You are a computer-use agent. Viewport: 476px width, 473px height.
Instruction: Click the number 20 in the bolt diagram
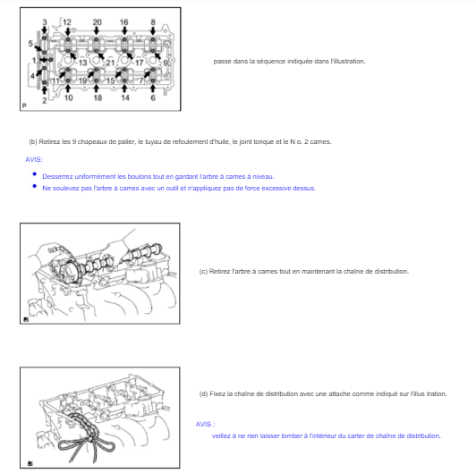tap(97, 22)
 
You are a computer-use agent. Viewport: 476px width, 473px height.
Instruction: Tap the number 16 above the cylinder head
tap(123, 22)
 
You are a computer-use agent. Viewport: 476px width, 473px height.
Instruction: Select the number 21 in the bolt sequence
tap(110, 63)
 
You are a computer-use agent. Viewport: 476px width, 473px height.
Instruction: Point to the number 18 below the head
tap(98, 97)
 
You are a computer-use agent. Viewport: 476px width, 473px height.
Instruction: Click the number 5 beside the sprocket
tap(30, 44)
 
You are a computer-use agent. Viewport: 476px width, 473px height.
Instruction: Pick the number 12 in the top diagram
tap(67, 22)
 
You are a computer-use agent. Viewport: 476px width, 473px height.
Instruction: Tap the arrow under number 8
tap(153, 30)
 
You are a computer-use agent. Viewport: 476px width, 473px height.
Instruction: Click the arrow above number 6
tap(153, 88)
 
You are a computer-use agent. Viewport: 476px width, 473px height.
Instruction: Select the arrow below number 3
tap(45, 30)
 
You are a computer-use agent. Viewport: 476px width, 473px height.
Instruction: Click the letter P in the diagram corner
tap(24, 106)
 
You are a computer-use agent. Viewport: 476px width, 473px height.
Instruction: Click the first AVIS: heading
tap(34, 159)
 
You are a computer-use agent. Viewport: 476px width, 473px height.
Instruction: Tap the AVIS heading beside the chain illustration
tap(205, 424)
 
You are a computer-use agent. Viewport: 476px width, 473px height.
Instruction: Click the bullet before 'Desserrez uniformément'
tap(35, 174)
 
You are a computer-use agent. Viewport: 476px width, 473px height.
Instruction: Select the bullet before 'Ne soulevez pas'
tap(35, 186)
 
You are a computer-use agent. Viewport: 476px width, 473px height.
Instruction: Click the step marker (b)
tap(33, 141)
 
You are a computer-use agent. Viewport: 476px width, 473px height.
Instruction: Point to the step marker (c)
tap(203, 271)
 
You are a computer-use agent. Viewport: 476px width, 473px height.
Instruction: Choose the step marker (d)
tap(203, 393)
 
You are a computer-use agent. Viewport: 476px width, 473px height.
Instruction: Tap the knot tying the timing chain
tap(90, 439)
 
